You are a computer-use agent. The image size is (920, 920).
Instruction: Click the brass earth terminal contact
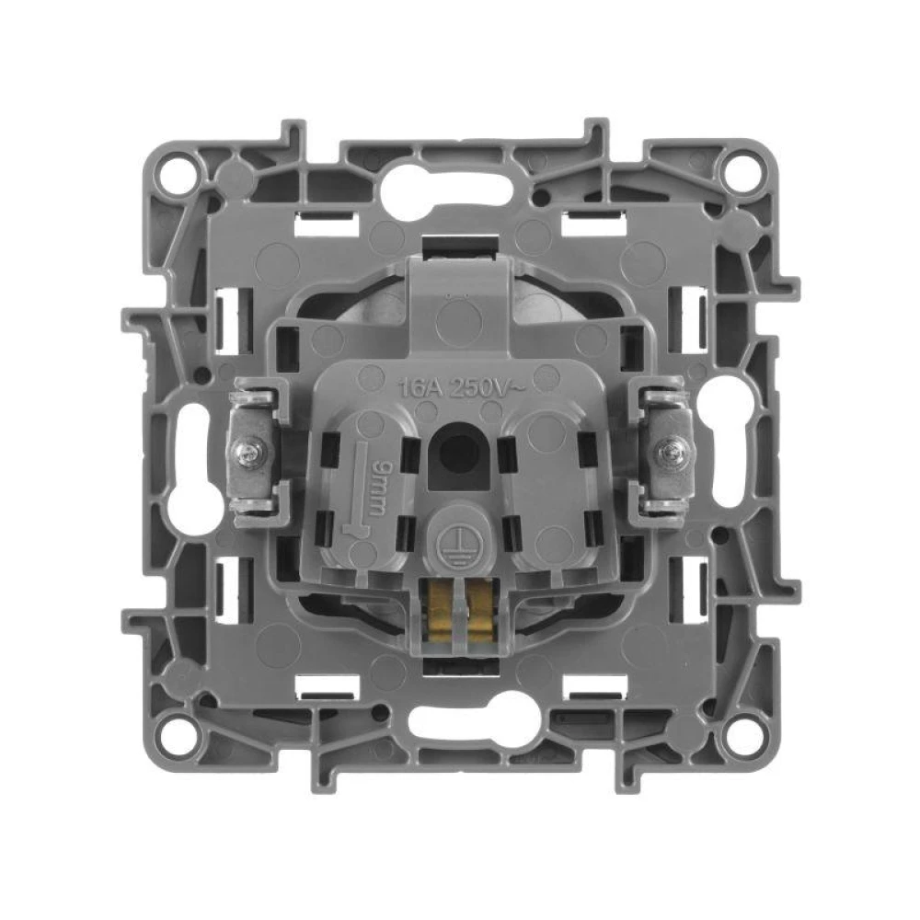click(x=459, y=612)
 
